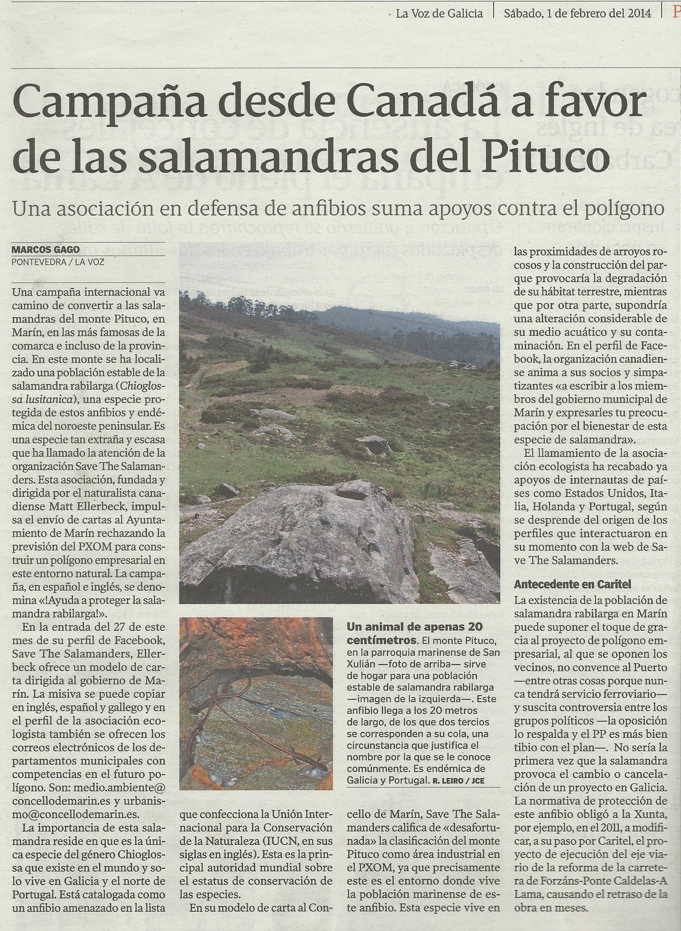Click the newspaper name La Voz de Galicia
pos(439,14)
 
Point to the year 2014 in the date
pos(640,14)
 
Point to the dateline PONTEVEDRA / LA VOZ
pos(58,263)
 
